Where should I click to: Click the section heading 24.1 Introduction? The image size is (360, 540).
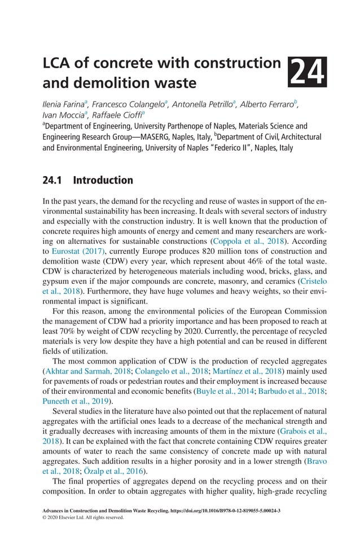88,181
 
